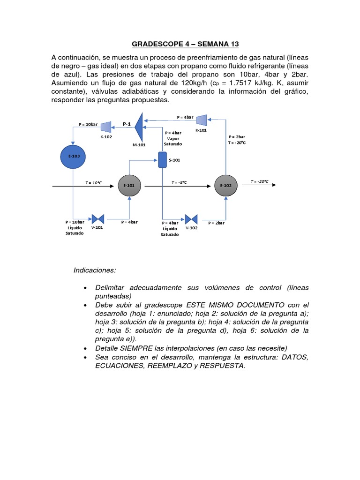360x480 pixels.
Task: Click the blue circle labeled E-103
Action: (x=73, y=157)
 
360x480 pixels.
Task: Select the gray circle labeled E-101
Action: (x=129, y=186)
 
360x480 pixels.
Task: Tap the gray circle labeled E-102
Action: (x=226, y=186)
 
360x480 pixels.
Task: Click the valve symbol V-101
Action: (x=98, y=219)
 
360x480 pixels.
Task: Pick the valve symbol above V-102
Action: (x=191, y=219)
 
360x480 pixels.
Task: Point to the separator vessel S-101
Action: (x=162, y=160)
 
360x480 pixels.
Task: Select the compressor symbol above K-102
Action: (x=106, y=127)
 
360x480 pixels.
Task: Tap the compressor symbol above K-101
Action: (x=201, y=120)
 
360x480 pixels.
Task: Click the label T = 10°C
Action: (x=93, y=182)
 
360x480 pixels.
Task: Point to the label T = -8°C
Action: (x=179, y=182)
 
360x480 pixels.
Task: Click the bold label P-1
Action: (x=127, y=124)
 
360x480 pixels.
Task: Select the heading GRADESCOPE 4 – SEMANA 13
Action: (x=185, y=44)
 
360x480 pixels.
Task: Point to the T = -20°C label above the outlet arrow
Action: (x=260, y=181)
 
